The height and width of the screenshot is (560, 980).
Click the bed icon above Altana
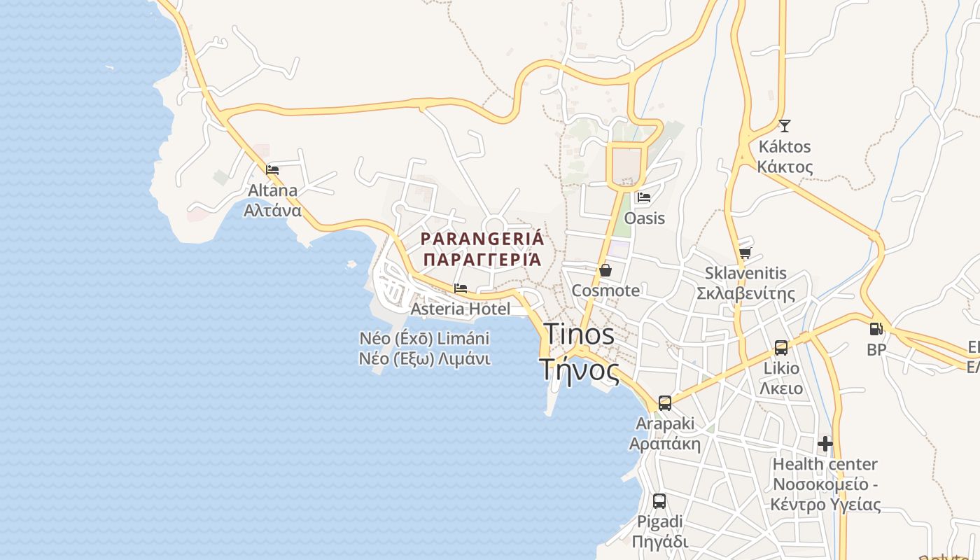point(272,169)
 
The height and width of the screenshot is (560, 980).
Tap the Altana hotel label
point(272,200)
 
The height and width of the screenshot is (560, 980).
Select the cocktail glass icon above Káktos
point(784,126)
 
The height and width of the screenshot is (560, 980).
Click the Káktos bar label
point(785,157)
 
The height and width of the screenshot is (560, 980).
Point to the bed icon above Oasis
point(644,197)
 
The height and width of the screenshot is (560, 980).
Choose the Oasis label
point(644,218)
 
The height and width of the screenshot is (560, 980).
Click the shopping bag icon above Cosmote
point(605,270)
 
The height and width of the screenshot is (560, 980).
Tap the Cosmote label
point(605,290)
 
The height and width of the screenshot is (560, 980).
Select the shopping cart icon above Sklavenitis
point(745,253)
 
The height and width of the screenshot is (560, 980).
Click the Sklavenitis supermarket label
point(745,283)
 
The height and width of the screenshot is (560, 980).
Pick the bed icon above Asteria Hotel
point(460,288)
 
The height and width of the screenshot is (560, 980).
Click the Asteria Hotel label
point(460,309)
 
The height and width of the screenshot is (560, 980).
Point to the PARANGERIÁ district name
point(482,248)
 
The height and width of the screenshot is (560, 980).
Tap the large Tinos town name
point(580,352)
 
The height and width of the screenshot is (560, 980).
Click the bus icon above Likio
point(781,348)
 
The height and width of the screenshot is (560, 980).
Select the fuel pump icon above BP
point(876,329)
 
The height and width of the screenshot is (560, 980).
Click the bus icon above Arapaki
point(664,403)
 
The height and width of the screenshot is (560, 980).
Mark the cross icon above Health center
point(825,444)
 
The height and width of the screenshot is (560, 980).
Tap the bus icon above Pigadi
point(659,501)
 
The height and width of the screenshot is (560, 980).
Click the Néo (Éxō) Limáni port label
point(424,349)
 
